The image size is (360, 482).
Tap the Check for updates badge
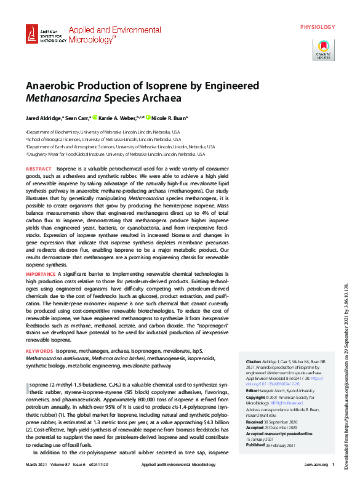[323, 49]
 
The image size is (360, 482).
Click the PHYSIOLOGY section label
[318, 27]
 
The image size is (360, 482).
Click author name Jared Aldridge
[43, 118]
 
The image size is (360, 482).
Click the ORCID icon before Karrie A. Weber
[95, 118]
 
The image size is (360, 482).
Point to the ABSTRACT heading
[38, 169]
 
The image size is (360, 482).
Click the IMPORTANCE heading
[41, 273]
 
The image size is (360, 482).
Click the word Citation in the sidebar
[253, 361]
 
